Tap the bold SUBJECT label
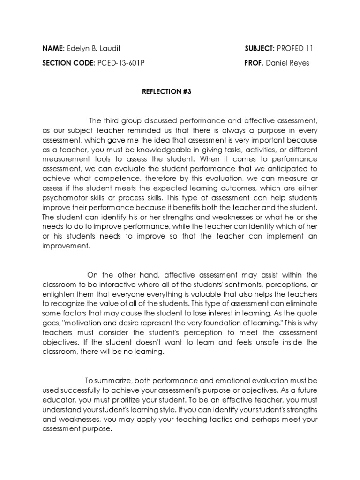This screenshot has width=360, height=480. pyautogui.click(x=259, y=48)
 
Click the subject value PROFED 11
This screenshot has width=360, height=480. pyautogui.click(x=296, y=48)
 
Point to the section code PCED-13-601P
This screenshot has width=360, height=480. pyautogui.click(x=120, y=63)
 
